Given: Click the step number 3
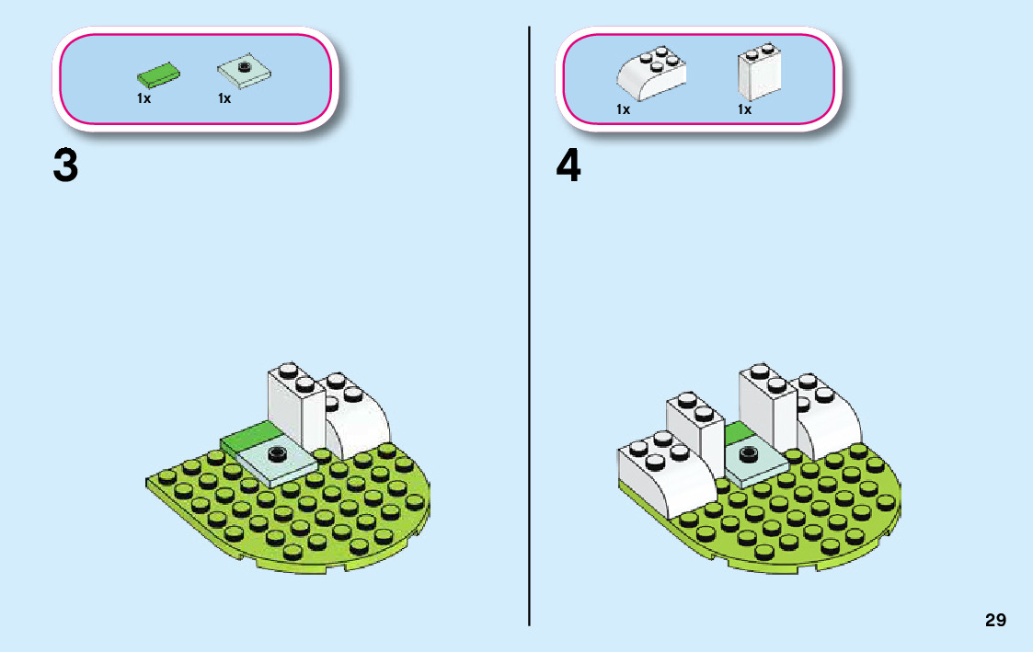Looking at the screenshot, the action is coord(65,166).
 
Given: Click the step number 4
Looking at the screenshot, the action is coord(569,166).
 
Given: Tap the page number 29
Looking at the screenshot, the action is coord(995,621).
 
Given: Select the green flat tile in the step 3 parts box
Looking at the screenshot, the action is coord(158,73).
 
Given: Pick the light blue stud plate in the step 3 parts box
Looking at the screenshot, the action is coord(244,72).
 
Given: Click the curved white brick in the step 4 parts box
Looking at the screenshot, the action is coord(651,74).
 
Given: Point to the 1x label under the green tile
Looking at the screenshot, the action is coord(143,98).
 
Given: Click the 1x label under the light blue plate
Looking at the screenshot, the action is coord(224,98).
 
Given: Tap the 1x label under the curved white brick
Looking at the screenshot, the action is coord(623,109).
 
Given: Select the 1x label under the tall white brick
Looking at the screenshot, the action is coord(744,109).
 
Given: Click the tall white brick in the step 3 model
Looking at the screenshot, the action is coord(294,405).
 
